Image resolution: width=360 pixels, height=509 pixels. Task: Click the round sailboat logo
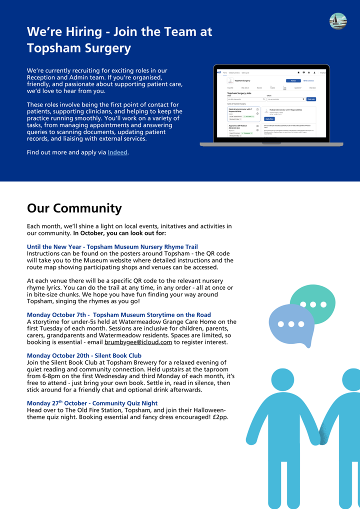pos(338,21)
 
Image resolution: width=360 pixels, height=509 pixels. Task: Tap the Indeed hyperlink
pos(117,152)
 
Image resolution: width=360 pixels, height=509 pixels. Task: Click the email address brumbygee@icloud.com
pos(138,342)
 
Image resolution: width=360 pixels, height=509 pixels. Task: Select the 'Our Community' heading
pos(74,208)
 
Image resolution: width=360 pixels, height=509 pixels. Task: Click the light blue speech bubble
pos(291,325)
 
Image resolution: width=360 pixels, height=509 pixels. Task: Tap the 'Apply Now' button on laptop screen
pos(269,119)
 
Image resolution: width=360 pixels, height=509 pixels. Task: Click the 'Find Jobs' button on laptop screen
pos(311,99)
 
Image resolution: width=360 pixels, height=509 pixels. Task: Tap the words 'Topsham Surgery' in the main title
pos(79,48)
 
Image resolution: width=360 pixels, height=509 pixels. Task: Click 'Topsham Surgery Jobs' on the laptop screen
pos(239,93)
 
